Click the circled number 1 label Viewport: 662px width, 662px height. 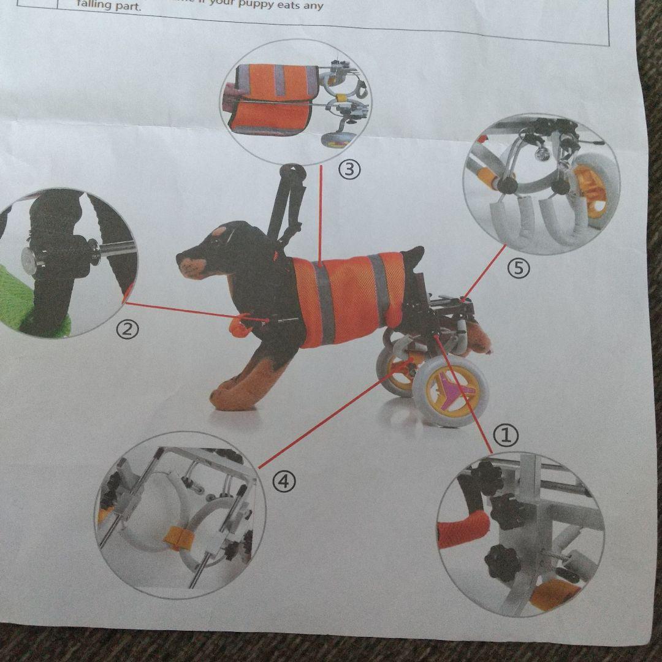pos(506,436)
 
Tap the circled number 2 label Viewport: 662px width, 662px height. pos(127,330)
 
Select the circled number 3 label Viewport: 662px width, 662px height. pos(349,170)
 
